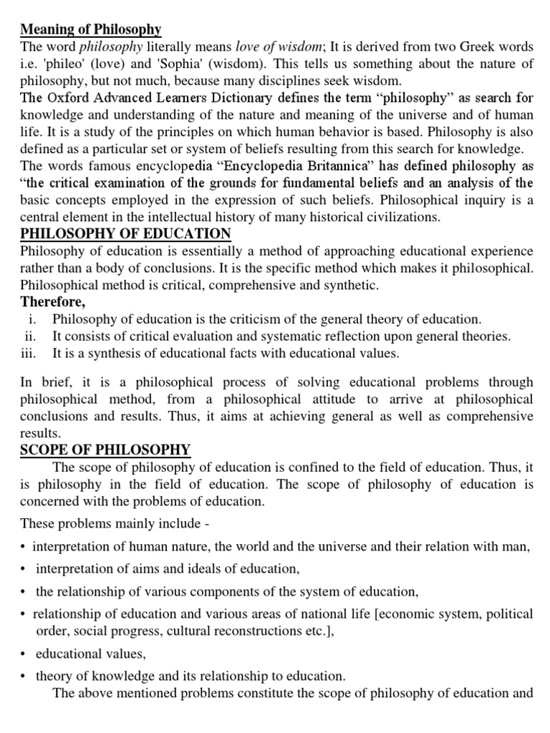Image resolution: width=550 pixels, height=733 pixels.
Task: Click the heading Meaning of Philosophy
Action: coord(91,29)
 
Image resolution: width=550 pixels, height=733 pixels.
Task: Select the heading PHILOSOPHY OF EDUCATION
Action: coord(126,233)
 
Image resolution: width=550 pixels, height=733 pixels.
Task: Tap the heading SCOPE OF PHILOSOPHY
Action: coord(105,450)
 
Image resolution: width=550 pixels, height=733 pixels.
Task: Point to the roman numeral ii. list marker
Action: coord(30,335)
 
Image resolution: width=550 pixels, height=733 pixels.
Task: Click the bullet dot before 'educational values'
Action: coord(23,654)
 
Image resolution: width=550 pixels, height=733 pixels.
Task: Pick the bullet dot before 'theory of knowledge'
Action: coord(23,675)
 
